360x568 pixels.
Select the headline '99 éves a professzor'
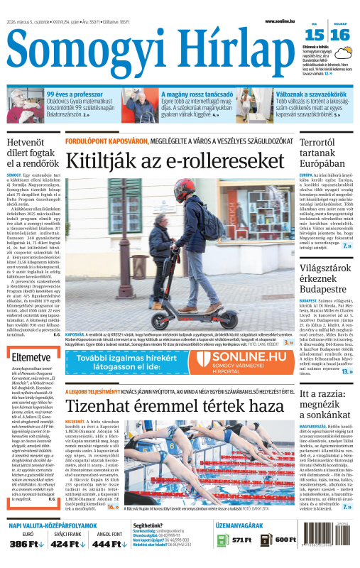[73, 94]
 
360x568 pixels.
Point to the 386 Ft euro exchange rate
[28, 543]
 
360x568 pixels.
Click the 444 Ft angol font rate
[108, 543]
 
